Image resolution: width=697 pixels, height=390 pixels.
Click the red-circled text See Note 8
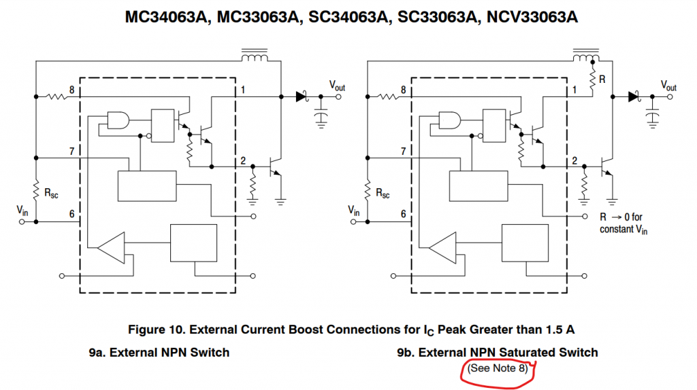point(501,368)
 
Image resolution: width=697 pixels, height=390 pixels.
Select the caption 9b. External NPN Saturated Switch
point(498,352)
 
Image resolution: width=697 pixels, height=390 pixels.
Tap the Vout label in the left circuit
point(338,86)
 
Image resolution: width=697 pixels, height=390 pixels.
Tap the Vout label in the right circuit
point(669,86)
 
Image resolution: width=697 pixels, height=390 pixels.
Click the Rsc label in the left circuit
point(51,194)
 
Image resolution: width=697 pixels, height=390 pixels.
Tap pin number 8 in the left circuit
point(72,89)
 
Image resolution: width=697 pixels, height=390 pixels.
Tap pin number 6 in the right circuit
point(403,213)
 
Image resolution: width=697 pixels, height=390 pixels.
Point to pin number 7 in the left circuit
point(72,150)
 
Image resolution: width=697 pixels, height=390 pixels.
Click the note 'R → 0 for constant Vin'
point(621,223)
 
